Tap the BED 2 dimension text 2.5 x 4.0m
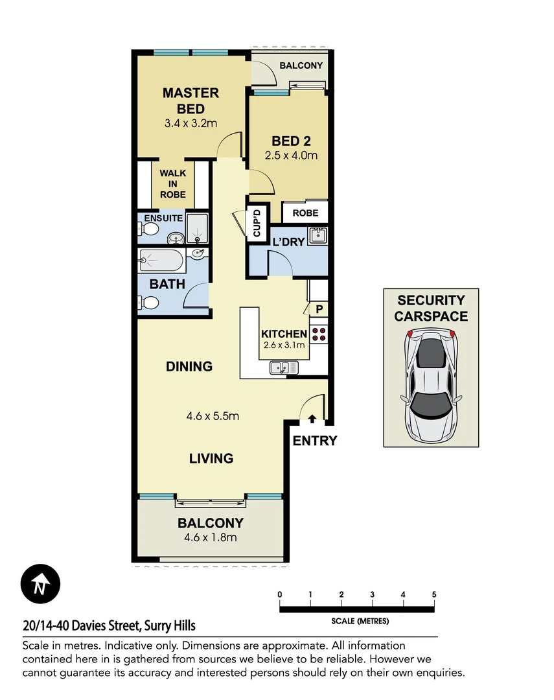[291, 156]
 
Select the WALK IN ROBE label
[172, 184]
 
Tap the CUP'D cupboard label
[256, 224]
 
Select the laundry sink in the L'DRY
[317, 236]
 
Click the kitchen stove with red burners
[319, 334]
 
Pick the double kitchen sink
[284, 367]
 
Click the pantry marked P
[319, 310]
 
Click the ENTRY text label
[315, 441]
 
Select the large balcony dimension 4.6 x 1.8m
[211, 537]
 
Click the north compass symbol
[40, 585]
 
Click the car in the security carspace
[431, 384]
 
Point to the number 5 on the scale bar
[433, 594]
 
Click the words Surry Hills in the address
[170, 626]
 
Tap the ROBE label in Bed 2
[305, 213]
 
